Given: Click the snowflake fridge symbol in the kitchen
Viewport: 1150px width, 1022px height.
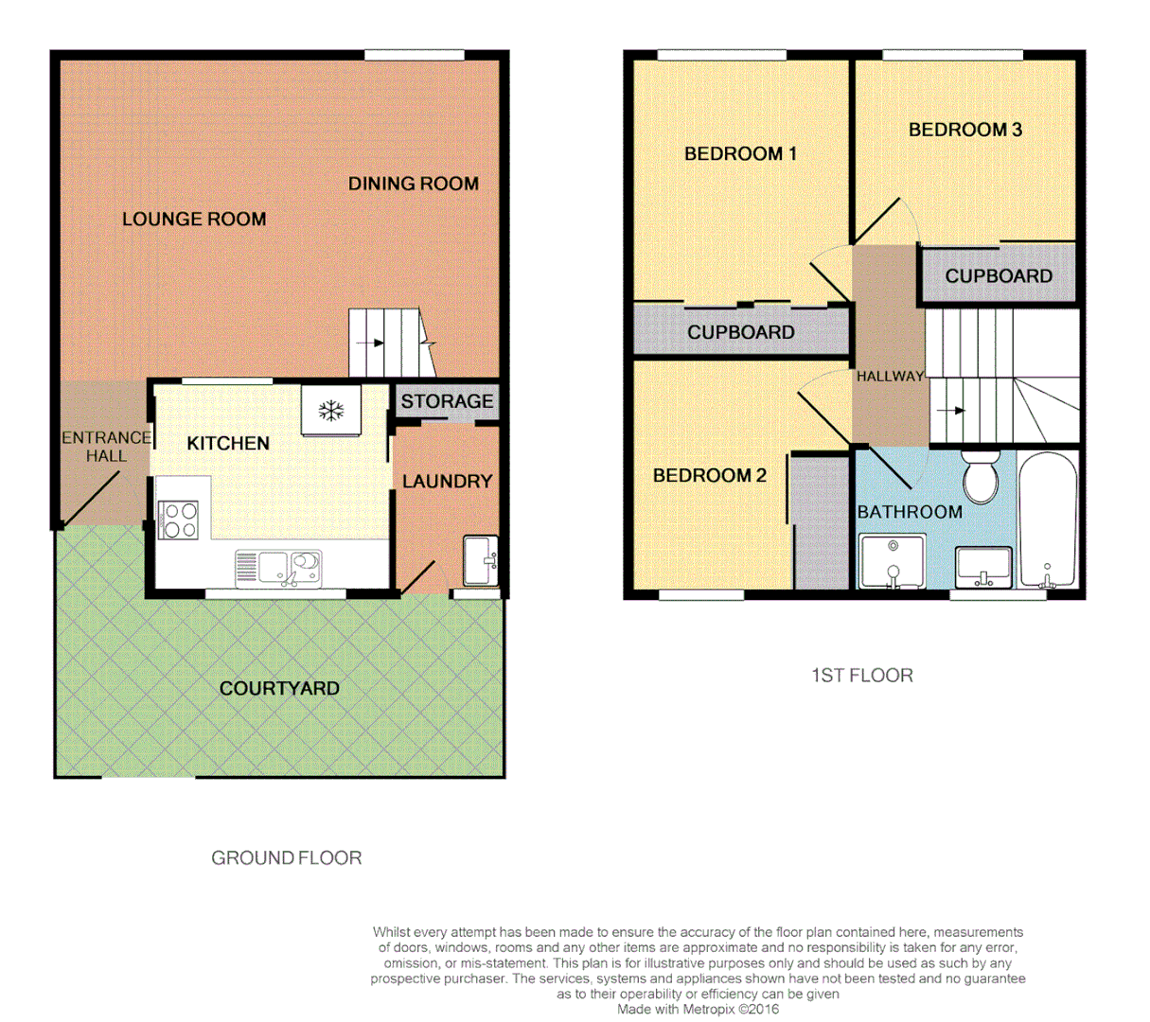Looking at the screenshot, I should pyautogui.click(x=330, y=410).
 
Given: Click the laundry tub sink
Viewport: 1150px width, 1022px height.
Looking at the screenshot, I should pyautogui.click(x=480, y=560).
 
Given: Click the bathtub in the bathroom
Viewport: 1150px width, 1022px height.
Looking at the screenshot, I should pyautogui.click(x=1048, y=520).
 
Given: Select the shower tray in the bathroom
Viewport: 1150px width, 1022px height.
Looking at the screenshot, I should pyautogui.click(x=891, y=561).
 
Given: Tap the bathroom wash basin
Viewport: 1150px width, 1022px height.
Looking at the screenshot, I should pyautogui.click(x=983, y=568).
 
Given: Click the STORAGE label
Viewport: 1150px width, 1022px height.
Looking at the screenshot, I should pyautogui.click(x=447, y=401).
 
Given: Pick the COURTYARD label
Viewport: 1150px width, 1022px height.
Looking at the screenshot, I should pyautogui.click(x=279, y=688).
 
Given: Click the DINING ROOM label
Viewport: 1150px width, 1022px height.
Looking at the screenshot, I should pyautogui.click(x=413, y=184).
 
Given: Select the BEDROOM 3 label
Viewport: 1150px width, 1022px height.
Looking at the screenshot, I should pyautogui.click(x=964, y=130).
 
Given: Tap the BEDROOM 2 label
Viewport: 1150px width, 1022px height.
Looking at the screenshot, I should pyautogui.click(x=709, y=475).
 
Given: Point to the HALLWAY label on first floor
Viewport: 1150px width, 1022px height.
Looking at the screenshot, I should pyautogui.click(x=890, y=377).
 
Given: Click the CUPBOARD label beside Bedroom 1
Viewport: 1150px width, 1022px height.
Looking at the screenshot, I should pyautogui.click(x=740, y=332).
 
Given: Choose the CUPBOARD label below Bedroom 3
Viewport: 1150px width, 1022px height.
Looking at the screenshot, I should pyautogui.click(x=999, y=276).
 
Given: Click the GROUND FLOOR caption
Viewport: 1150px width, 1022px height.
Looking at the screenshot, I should pyautogui.click(x=286, y=858).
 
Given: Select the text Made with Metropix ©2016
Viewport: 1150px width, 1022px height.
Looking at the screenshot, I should pyautogui.click(x=698, y=1009).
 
